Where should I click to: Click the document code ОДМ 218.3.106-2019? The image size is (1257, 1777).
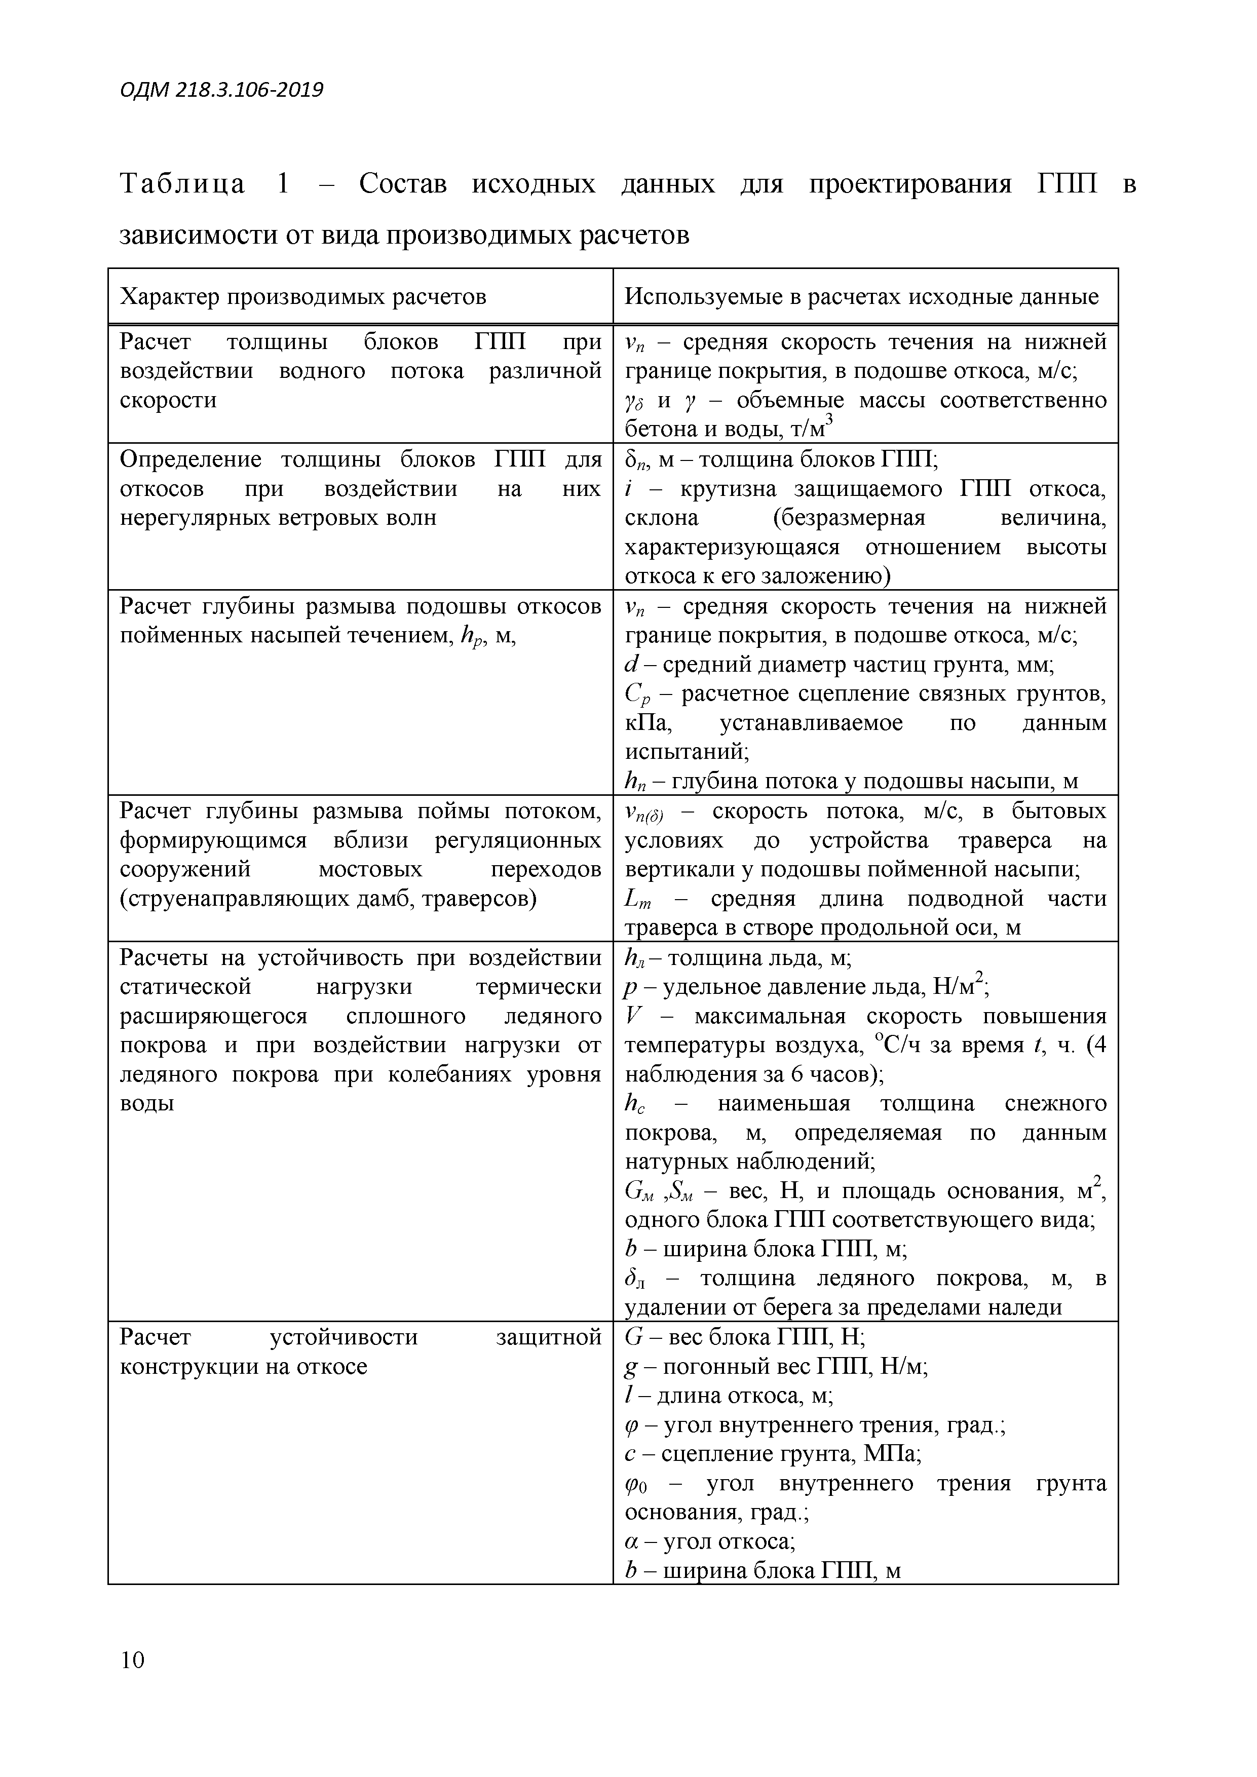tap(221, 91)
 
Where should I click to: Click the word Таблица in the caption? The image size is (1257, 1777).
tap(183, 185)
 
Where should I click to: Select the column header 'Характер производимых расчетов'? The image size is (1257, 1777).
tap(302, 297)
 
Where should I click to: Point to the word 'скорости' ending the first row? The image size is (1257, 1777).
tap(168, 401)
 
